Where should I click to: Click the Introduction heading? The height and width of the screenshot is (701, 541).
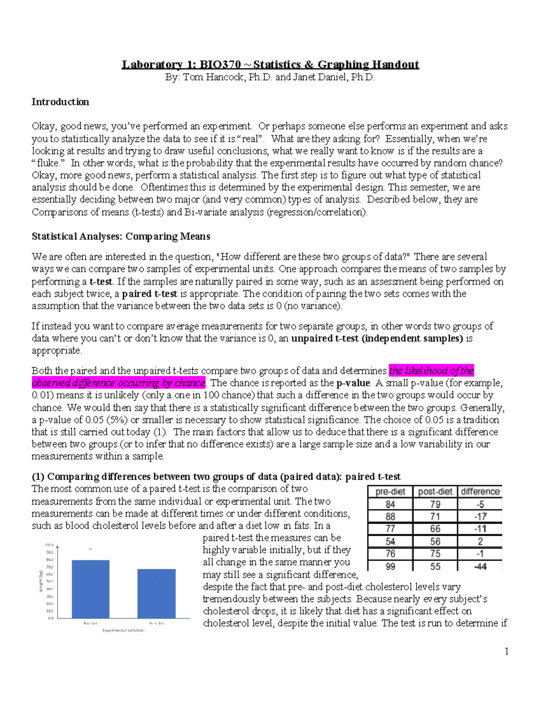pos(60,102)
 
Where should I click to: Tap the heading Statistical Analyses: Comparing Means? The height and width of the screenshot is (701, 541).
pos(121,237)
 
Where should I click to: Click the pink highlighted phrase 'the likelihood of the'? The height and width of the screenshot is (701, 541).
pos(431,371)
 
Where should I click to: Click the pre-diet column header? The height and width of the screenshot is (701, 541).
pos(390,492)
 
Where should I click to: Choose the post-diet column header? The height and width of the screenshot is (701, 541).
pos(435,492)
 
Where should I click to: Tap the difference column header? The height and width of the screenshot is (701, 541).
pos(480,492)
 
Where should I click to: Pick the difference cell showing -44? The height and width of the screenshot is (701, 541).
pos(480,566)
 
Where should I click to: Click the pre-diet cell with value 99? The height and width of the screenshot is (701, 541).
pos(390,566)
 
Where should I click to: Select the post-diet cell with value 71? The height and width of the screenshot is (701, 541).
pos(435,516)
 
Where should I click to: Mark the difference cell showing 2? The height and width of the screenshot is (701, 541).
pos(480,541)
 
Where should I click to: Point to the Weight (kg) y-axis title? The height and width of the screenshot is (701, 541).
pos(41,581)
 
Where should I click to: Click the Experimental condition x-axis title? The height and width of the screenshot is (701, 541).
pos(124,630)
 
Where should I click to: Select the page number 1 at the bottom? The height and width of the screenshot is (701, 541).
pos(506,651)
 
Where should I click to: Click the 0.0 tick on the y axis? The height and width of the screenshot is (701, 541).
pos(50,618)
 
